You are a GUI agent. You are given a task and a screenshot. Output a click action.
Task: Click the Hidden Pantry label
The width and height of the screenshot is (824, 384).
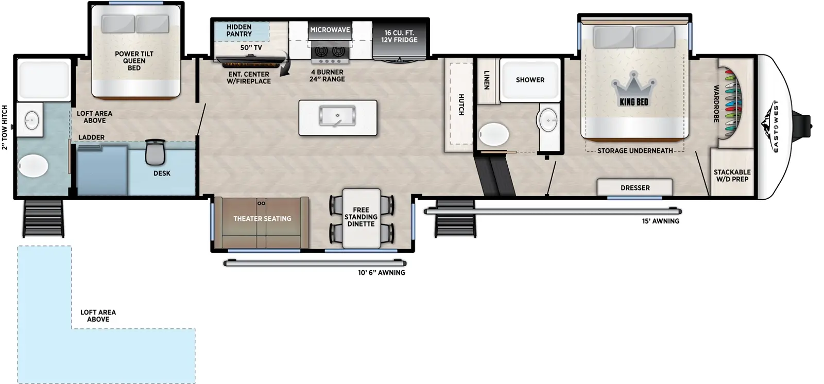click(239, 30)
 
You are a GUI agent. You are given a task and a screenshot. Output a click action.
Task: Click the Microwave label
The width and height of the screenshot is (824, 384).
click(330, 30)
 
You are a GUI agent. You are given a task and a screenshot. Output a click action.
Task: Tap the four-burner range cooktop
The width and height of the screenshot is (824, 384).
click(330, 51)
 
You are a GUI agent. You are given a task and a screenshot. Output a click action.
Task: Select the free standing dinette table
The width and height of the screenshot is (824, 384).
click(361, 217)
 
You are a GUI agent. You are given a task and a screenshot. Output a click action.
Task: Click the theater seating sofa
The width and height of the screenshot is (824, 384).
click(262, 219)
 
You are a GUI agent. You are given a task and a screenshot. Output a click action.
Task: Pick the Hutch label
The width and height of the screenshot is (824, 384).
click(461, 104)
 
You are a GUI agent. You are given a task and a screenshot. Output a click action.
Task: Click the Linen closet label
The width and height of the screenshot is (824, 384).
click(486, 80)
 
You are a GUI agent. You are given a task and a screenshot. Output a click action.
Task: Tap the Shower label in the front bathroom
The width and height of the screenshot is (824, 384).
click(530, 80)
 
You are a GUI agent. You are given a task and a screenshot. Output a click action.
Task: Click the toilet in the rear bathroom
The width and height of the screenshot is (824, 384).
click(33, 166)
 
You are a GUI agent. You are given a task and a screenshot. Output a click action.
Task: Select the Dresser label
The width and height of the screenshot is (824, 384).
click(635, 188)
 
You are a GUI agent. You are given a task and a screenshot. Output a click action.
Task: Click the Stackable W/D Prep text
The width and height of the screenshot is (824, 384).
click(732, 176)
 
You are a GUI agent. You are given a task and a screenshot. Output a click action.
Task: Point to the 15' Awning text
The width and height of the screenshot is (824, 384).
click(660, 221)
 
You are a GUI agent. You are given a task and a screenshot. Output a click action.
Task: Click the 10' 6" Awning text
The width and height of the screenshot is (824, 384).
click(382, 273)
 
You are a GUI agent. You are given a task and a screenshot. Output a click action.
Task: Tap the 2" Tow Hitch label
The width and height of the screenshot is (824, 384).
click(5, 127)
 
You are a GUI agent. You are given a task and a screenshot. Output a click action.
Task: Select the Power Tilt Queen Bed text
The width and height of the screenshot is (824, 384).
click(134, 61)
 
